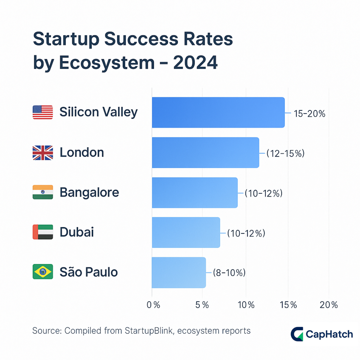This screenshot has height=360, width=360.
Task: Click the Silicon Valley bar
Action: point(218,112)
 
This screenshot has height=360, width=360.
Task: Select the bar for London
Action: point(205,153)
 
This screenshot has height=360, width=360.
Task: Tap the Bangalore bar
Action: point(195,193)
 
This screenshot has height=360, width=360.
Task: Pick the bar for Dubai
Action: point(186,232)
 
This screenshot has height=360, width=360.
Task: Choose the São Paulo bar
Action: point(179,272)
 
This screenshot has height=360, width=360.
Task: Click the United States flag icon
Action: point(43,112)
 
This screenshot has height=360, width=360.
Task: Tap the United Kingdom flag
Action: point(43,153)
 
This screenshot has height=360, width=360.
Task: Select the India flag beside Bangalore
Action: point(43,192)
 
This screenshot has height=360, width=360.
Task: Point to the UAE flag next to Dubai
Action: point(43,232)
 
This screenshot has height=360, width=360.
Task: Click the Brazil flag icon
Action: point(43,272)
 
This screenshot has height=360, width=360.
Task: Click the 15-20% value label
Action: point(309,114)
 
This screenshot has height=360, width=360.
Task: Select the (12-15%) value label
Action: point(285,154)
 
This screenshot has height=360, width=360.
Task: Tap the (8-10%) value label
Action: point(229,273)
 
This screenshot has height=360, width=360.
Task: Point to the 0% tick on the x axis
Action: point(153,305)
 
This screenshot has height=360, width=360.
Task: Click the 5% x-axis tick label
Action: point(202,305)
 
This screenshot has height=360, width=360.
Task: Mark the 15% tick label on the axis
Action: point(288,305)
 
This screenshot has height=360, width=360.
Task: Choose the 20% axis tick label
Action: point(328,305)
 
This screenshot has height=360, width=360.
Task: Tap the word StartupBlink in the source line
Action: point(149,331)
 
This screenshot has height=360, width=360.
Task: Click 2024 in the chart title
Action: point(195,63)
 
